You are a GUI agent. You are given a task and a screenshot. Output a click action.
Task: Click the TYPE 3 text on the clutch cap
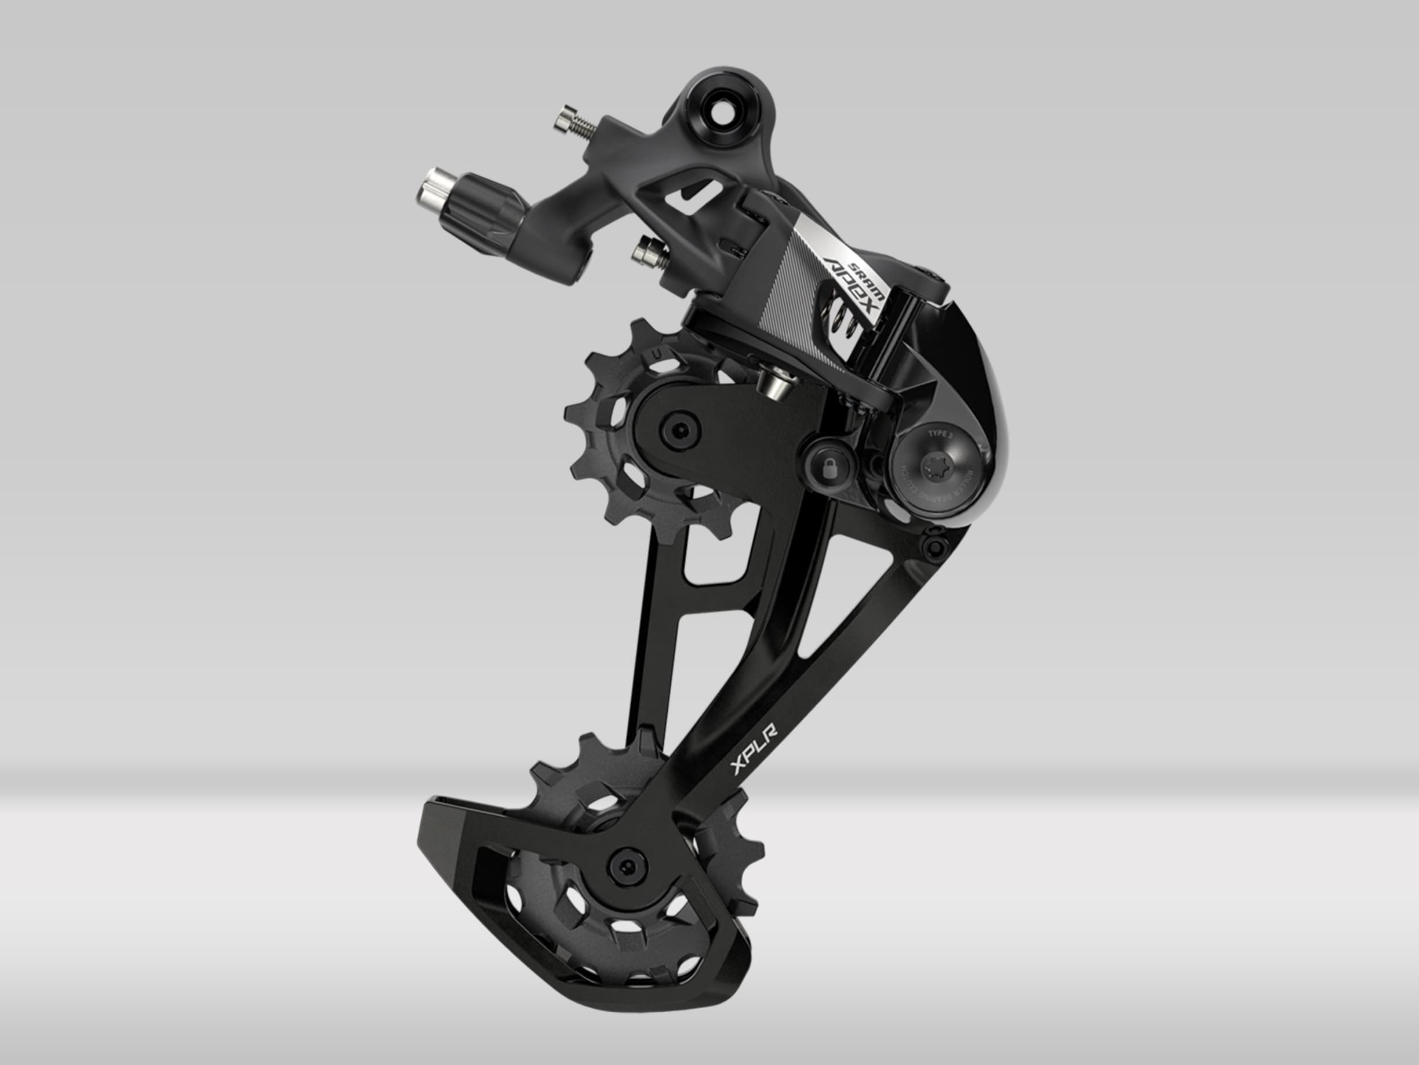[x=941, y=435]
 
